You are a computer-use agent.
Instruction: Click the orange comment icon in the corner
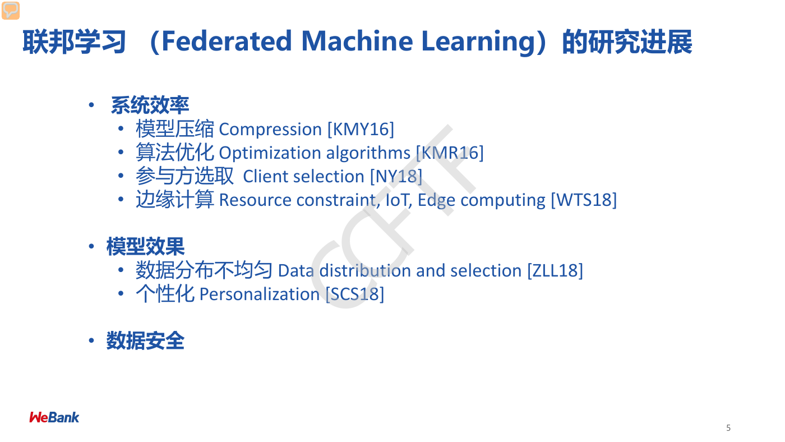tap(11, 11)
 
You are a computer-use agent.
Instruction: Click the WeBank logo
tap(54, 417)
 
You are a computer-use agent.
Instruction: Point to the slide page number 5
tap(728, 427)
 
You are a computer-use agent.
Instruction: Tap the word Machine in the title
tap(357, 42)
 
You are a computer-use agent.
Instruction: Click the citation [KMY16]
tap(361, 130)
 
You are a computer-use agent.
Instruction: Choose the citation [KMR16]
tap(450, 153)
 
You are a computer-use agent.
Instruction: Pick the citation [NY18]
tap(396, 176)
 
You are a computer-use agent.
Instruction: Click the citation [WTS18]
tap(584, 200)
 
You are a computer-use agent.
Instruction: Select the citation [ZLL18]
tap(555, 270)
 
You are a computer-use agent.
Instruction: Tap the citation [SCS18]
tap(354, 294)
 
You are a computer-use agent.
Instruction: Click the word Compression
tap(270, 130)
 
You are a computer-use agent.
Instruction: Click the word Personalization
tap(259, 294)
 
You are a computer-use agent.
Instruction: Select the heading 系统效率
tap(150, 105)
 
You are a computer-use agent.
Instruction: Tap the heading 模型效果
tap(145, 246)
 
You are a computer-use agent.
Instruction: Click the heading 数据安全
tap(145, 340)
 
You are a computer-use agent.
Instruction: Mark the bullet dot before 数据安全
tap(91, 340)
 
